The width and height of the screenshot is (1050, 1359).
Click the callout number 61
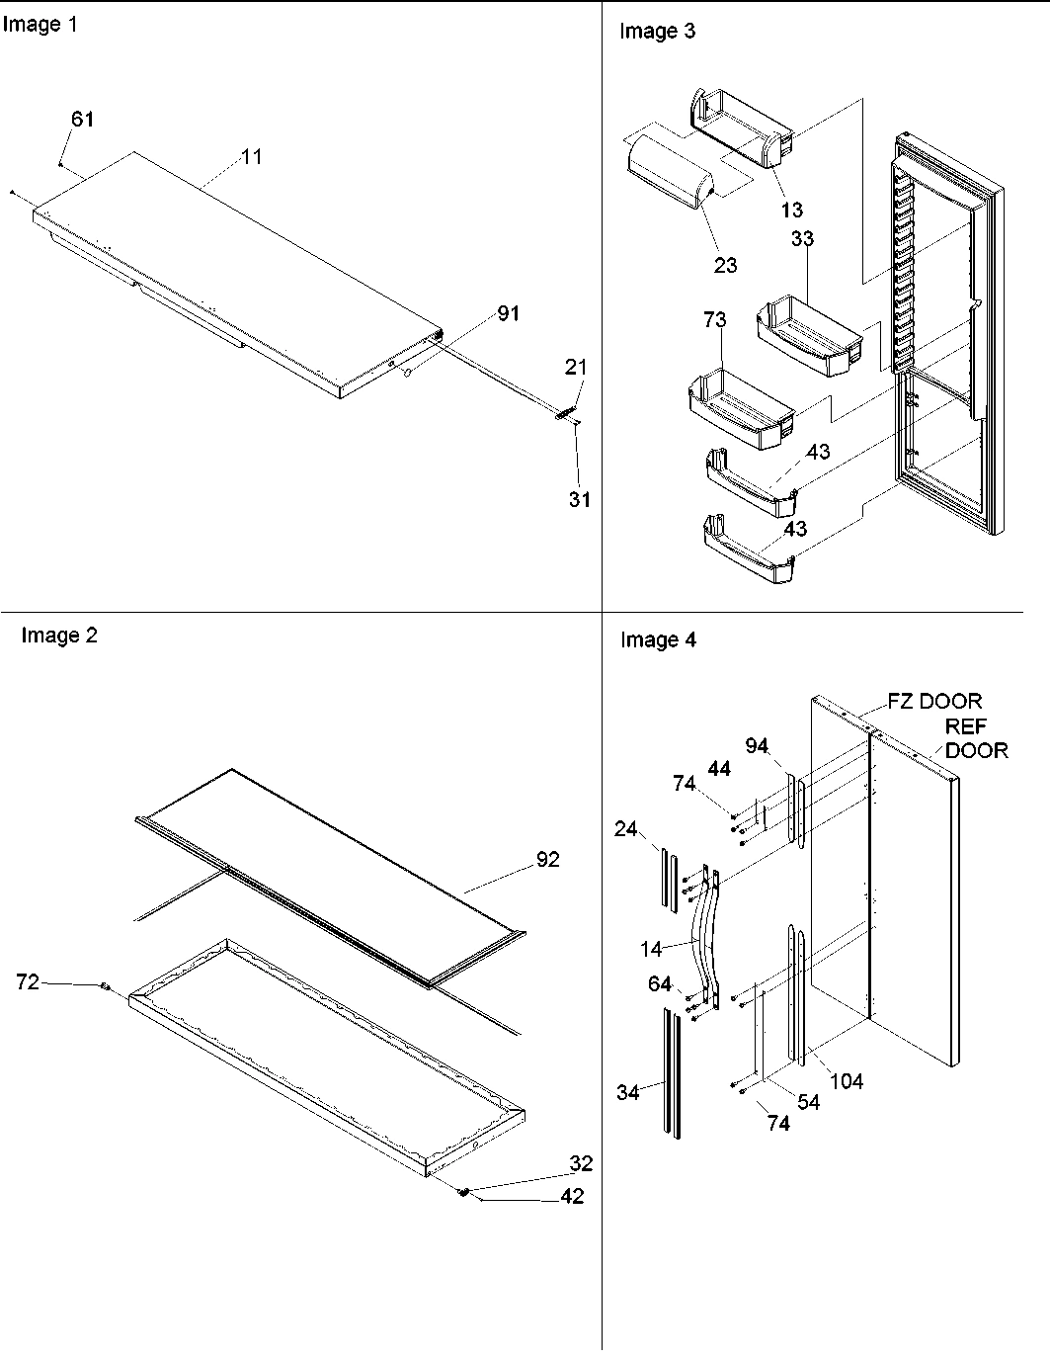click(x=82, y=119)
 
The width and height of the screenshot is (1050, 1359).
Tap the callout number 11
click(x=252, y=156)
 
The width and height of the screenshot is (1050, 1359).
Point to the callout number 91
click(x=508, y=313)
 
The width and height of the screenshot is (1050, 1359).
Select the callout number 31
click(x=579, y=499)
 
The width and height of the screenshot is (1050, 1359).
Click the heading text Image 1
click(x=40, y=25)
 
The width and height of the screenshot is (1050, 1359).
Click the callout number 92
click(x=547, y=860)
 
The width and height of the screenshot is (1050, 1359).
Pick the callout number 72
click(x=29, y=981)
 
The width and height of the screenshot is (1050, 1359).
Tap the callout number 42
click(x=572, y=1197)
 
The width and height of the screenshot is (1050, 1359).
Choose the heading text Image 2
click(x=59, y=636)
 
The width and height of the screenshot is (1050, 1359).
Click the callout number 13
click(x=791, y=210)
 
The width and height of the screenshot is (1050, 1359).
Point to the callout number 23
click(x=725, y=265)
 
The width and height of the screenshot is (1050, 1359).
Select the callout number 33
click(x=802, y=239)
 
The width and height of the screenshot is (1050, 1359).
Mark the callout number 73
click(x=714, y=320)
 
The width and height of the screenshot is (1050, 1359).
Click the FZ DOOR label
click(x=934, y=701)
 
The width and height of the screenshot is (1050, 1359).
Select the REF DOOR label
click(x=976, y=739)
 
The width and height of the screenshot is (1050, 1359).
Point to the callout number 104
click(x=846, y=1081)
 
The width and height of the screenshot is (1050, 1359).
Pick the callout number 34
click(x=628, y=1092)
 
